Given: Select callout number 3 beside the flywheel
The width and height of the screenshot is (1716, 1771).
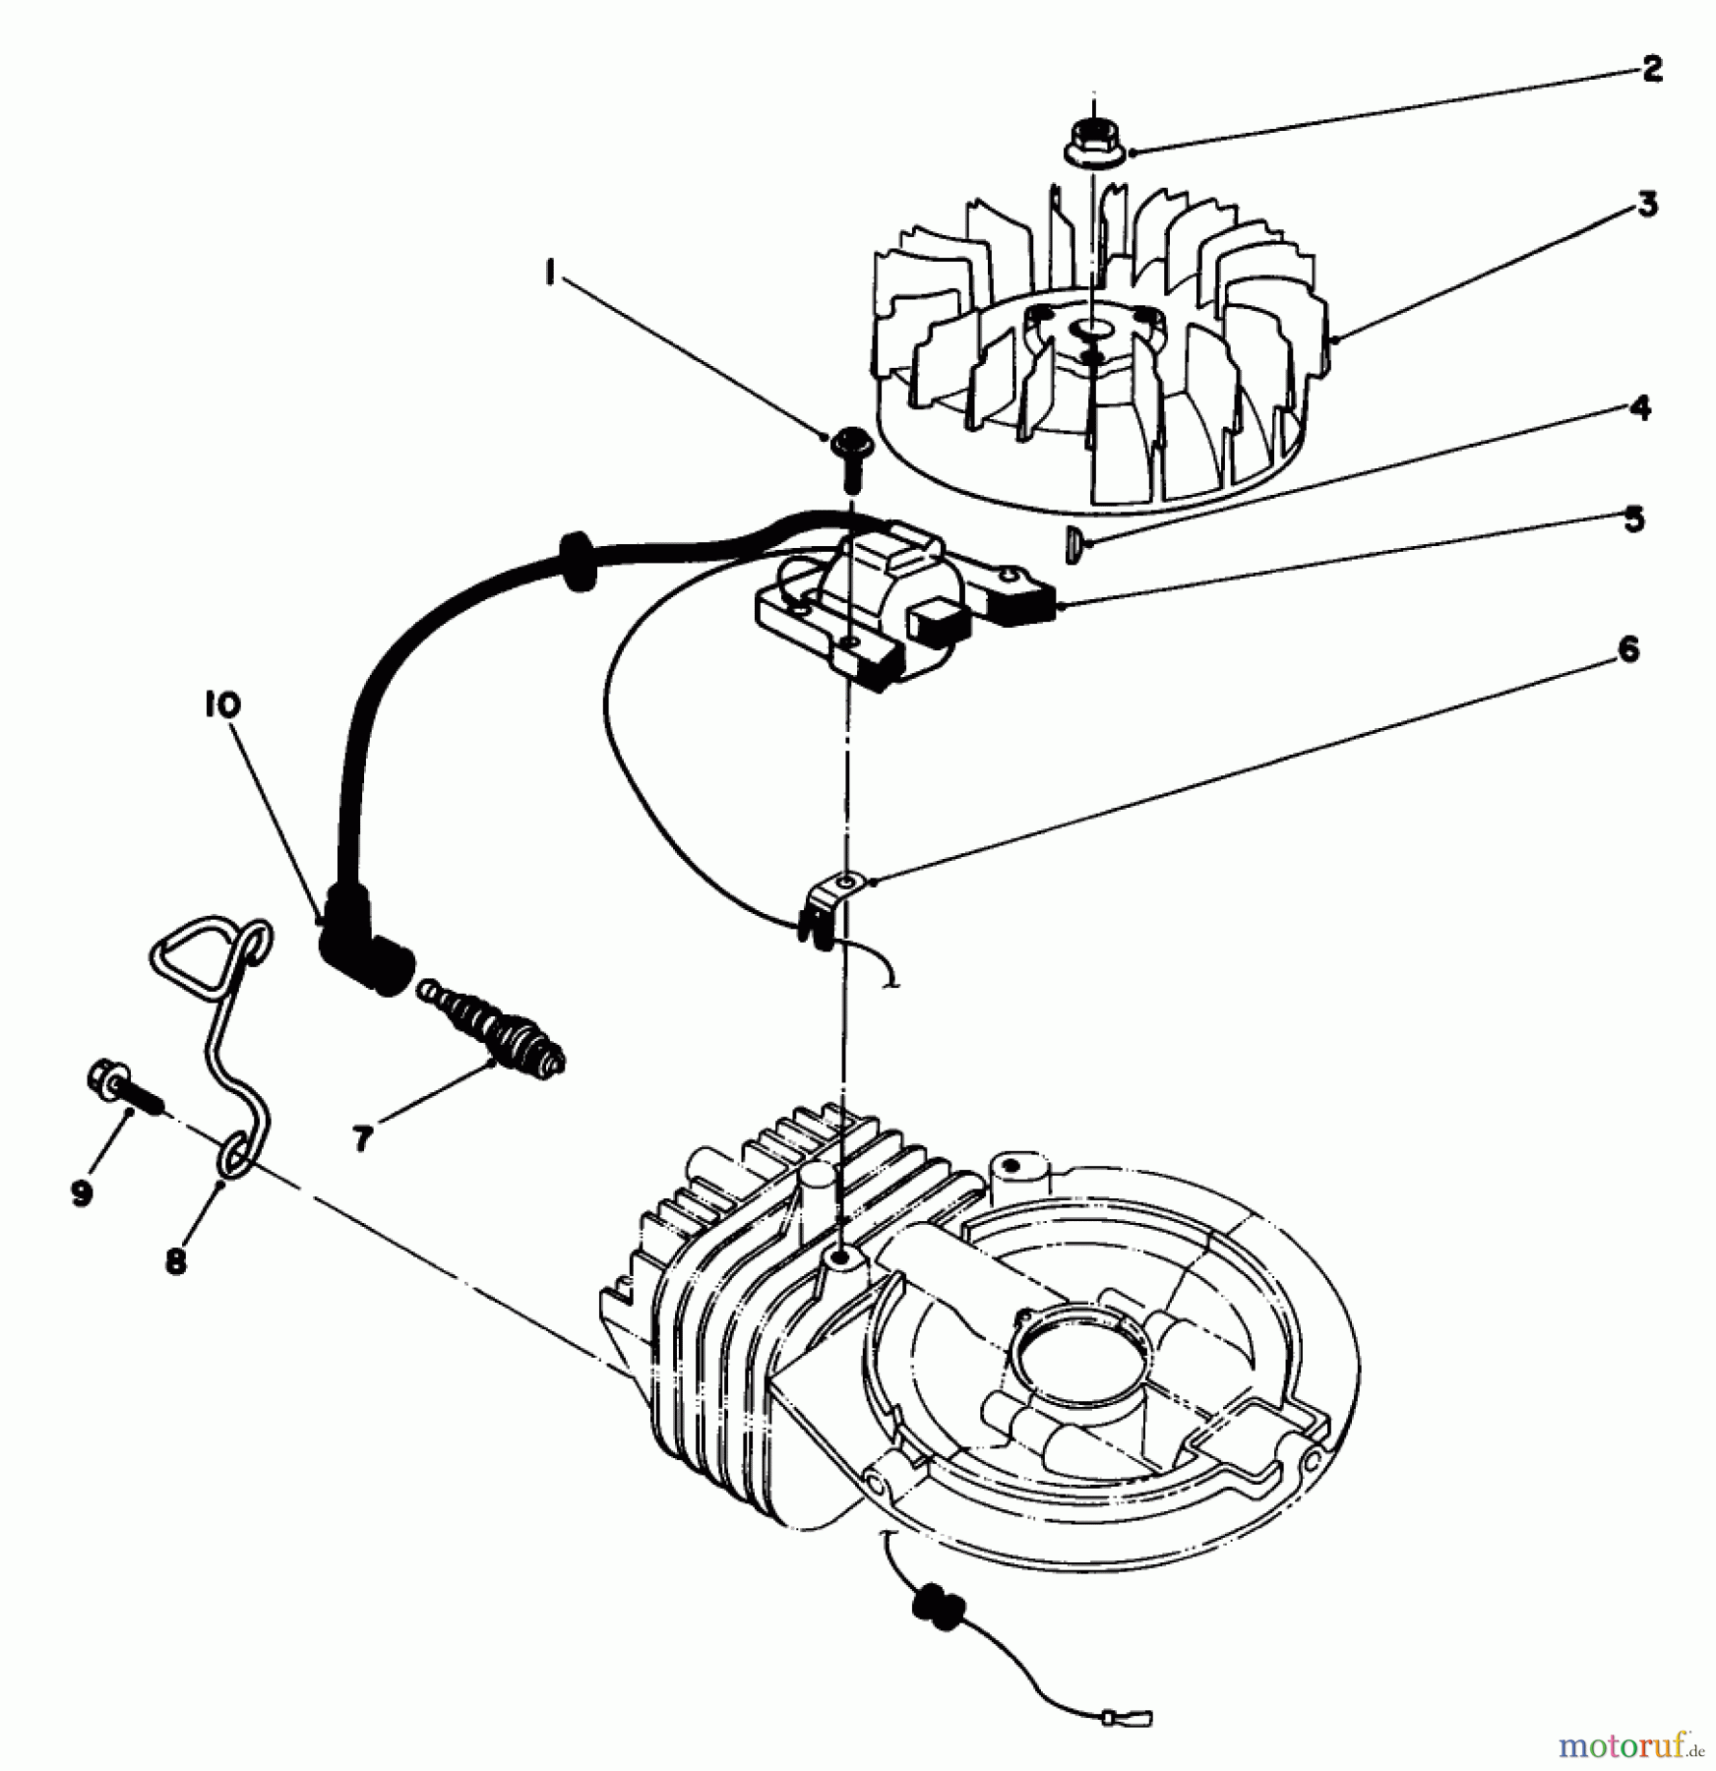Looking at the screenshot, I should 1646,206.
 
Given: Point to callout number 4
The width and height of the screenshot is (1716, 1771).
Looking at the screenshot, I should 1638,406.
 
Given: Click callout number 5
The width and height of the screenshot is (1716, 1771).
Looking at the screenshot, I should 1633,519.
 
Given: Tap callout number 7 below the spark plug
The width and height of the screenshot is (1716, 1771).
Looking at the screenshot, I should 362,1138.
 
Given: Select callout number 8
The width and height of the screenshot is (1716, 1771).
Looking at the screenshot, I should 176,1261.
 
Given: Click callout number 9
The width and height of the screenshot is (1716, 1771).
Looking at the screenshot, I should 81,1192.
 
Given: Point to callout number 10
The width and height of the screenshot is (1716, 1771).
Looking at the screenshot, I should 222,704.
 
